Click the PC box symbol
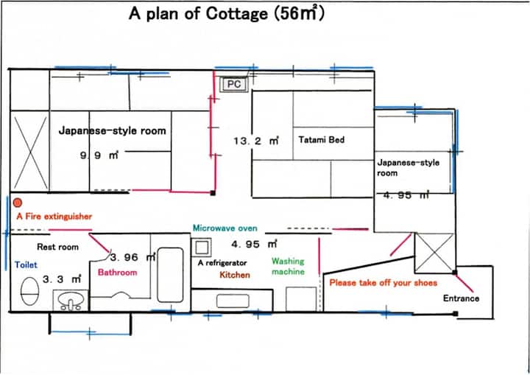[234, 84]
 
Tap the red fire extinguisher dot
[18, 203]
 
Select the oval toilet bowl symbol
[29, 291]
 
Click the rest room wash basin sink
[71, 300]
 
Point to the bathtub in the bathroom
[170, 275]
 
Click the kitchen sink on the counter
[233, 301]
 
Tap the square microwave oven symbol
[202, 248]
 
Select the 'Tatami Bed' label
[322, 139]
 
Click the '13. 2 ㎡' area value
[256, 141]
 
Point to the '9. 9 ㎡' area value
[99, 155]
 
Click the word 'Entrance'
[461, 298]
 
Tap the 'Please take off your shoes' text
[384, 283]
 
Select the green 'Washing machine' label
[288, 267]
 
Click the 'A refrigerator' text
[222, 262]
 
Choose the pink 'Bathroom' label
[118, 272]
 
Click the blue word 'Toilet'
[26, 264]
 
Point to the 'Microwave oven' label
[225, 228]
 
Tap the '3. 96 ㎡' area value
[132, 257]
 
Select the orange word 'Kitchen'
[235, 275]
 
